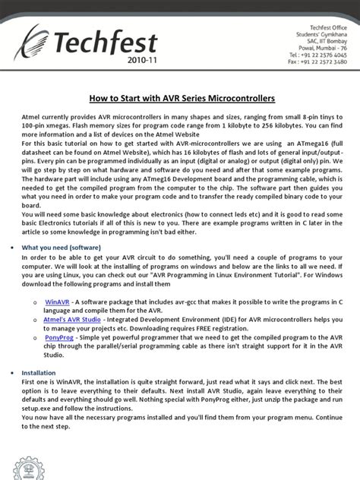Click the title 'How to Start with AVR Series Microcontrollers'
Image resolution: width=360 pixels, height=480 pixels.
[x=179, y=99]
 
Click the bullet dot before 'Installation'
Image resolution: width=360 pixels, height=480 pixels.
[x=18, y=374]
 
